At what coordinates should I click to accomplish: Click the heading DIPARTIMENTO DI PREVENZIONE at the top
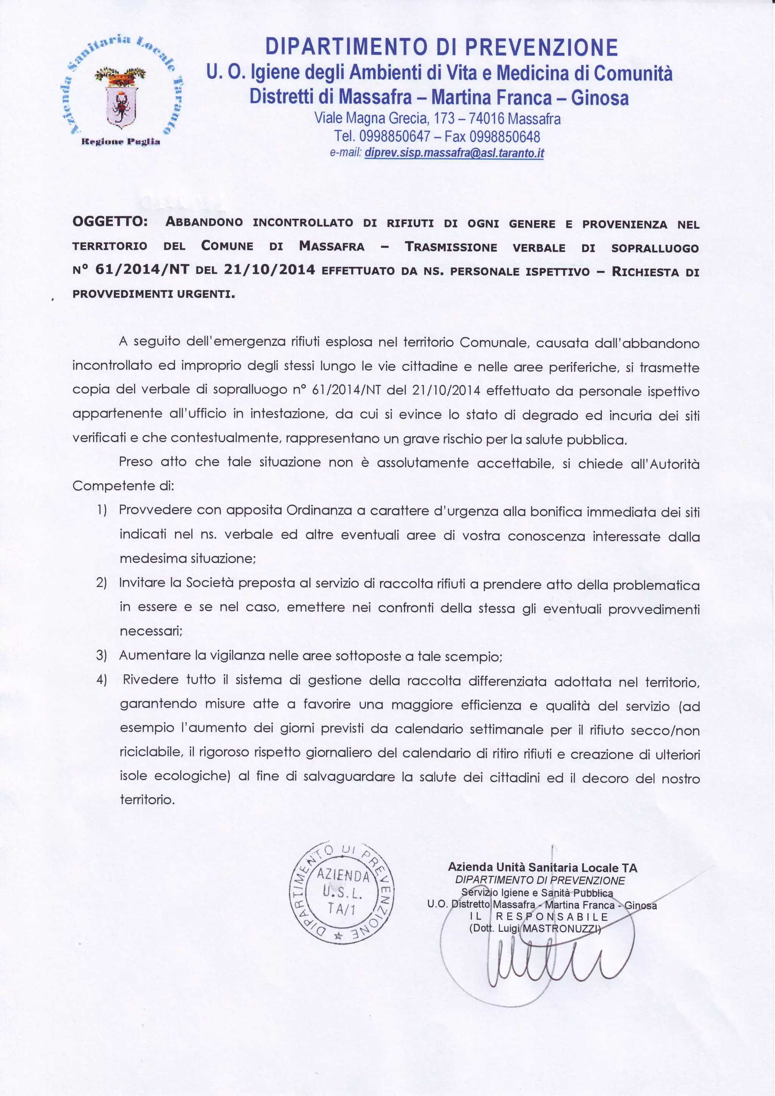pyautogui.click(x=442, y=48)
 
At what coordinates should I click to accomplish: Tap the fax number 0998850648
pyautogui.click(x=504, y=137)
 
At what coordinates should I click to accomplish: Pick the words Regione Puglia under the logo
pyautogui.click(x=121, y=142)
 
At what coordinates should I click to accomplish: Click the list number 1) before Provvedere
pyautogui.click(x=101, y=510)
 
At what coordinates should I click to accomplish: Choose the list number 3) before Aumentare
pyautogui.click(x=101, y=655)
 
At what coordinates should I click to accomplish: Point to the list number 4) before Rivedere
pyautogui.click(x=101, y=679)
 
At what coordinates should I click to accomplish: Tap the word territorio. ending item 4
pyautogui.click(x=148, y=800)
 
